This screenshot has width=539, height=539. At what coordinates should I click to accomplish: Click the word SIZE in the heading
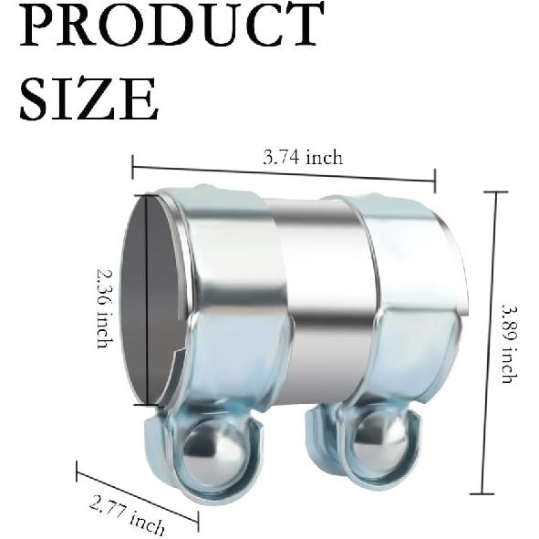click(88, 98)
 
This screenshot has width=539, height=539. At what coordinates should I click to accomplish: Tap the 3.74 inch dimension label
click(303, 157)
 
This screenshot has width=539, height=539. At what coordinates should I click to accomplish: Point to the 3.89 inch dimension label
click(506, 343)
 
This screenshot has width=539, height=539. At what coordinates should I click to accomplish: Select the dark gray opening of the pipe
click(145, 301)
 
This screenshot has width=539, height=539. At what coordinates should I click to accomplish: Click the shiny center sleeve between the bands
click(324, 301)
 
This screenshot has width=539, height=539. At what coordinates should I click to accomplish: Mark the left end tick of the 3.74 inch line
click(133, 167)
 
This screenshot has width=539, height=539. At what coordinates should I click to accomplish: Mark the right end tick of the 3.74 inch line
click(434, 180)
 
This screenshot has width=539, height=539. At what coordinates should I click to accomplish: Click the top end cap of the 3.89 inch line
click(495, 192)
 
